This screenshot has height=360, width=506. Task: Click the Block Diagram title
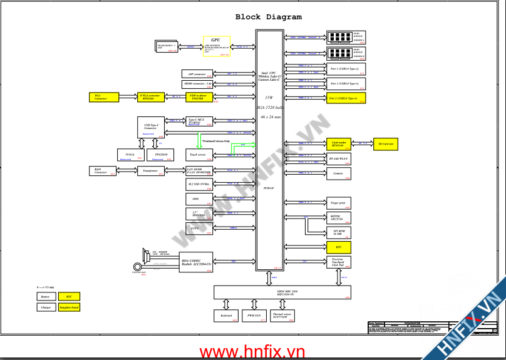pos(268,17)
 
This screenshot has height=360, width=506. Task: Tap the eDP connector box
pos(199,75)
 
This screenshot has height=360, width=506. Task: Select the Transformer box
pos(150,171)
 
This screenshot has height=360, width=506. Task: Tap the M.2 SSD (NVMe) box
pos(200,185)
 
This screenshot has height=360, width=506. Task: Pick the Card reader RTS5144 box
pos(341,144)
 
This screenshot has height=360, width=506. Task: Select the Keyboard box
pos(227,317)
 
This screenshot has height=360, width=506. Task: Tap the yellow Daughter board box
pos(69,307)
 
